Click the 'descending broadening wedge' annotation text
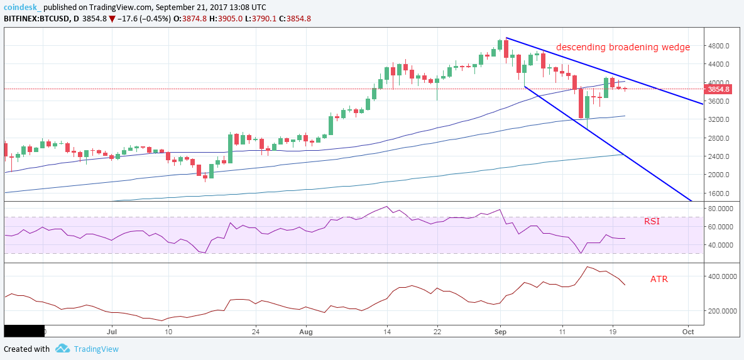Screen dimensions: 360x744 [x=623, y=47]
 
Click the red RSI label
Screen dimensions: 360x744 [x=652, y=221]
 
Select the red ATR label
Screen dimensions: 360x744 [x=659, y=279]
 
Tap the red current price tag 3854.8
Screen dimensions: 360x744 [x=719, y=89]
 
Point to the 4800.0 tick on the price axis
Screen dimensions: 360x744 [x=718, y=46]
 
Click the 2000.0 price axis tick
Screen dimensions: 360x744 [x=718, y=175]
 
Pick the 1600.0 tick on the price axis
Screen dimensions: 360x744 [x=718, y=193]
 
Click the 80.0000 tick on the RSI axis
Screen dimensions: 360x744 [x=720, y=208]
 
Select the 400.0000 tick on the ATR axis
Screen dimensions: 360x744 [x=720, y=276]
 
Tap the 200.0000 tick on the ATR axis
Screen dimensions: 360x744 [x=720, y=310]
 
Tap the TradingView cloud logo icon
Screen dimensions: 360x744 [x=62, y=349]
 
